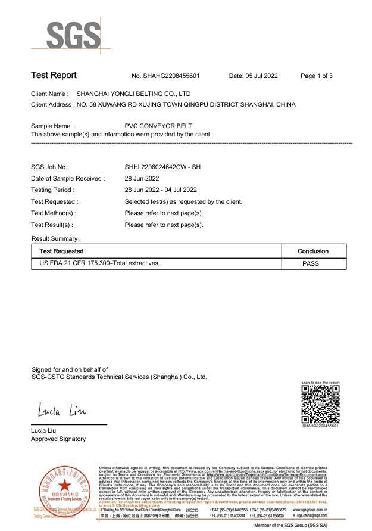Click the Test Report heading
tap(54, 76)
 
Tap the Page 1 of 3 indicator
tap(317, 76)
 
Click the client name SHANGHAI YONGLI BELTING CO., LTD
tap(134, 94)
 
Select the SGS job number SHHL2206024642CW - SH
tap(162, 167)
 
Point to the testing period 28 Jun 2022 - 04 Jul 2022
tap(161, 190)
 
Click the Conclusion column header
tap(313, 251)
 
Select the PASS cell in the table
tap(311, 263)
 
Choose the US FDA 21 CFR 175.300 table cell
tap(99, 263)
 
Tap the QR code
tap(320, 404)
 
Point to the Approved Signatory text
tap(58, 439)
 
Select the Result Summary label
tap(56, 239)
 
